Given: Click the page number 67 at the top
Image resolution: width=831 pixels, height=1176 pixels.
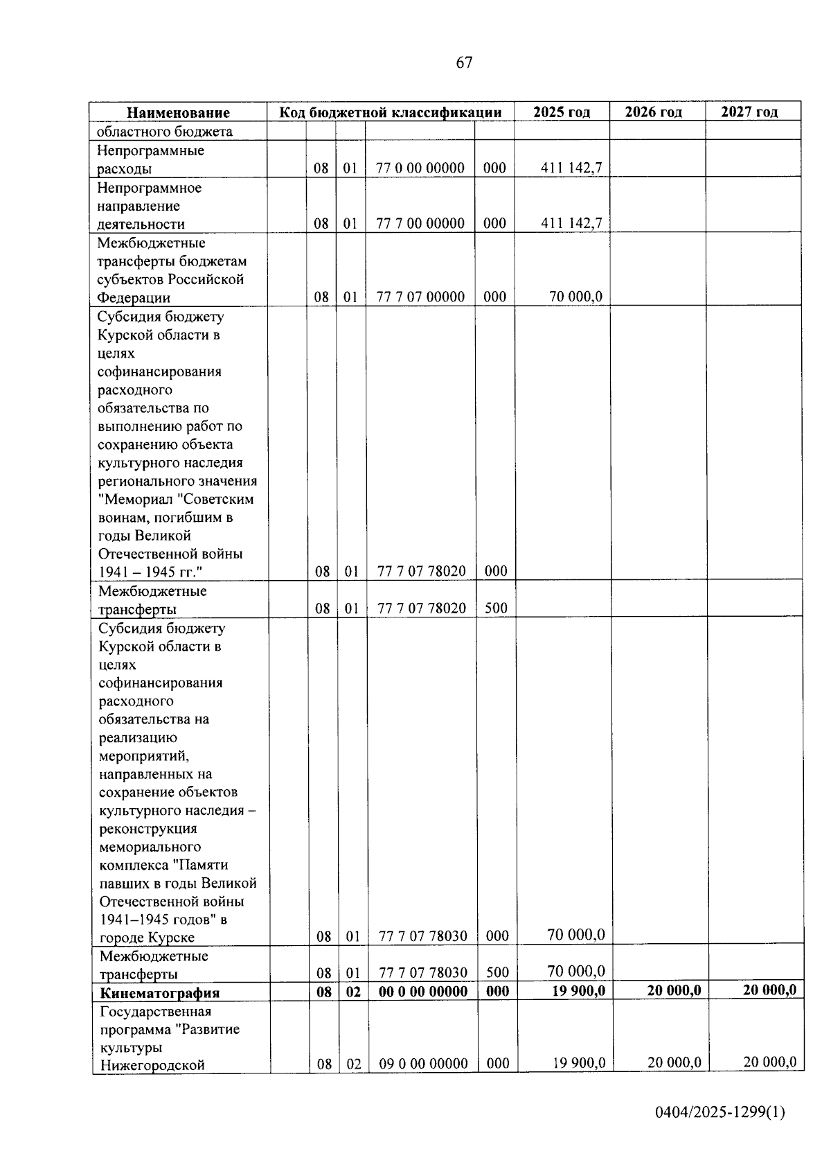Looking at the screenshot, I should pos(464,63).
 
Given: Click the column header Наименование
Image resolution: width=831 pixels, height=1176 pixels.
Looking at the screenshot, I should pos(178,112).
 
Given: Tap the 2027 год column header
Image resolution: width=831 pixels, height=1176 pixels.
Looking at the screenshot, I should pos(749,112).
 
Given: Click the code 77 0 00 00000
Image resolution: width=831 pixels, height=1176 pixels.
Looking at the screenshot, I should pos(420,168).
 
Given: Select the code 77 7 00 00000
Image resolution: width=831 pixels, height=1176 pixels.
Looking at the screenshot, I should pos(420,223).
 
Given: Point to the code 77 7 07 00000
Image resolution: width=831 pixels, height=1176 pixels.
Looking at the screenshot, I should pos(420,297).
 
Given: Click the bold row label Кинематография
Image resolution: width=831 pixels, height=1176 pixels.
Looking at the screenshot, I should pos(159,992).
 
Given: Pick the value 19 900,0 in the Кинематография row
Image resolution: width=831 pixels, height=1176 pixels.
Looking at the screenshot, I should pos(578,991).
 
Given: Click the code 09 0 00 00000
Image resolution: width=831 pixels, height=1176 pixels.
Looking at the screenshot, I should pos(423,1063).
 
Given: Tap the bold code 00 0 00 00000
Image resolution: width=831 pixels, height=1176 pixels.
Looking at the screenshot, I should pos(423,992).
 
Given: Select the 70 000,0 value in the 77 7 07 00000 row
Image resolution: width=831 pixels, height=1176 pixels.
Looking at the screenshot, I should pos(575,297).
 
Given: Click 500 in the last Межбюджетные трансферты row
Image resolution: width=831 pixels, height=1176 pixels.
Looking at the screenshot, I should pos(497,973).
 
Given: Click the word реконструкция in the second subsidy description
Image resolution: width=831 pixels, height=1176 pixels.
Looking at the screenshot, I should pos(148,829).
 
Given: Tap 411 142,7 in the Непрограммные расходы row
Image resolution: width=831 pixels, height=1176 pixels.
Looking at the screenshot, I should pos(571,168).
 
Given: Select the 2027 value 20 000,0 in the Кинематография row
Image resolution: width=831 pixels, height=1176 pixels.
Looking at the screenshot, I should pos(769,990).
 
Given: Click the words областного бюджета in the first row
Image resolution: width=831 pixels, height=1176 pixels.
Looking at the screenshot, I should pos(165,132).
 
